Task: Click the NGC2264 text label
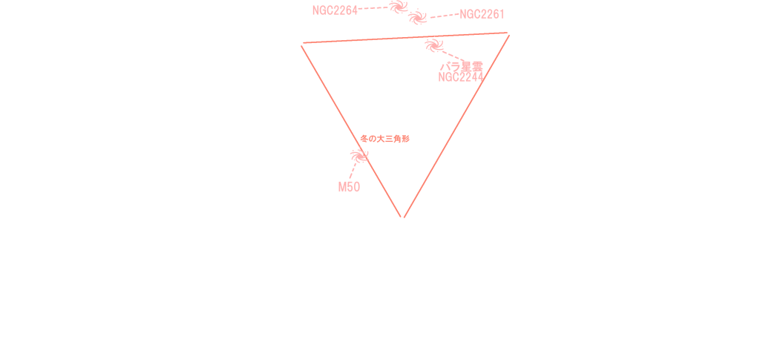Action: [335, 10]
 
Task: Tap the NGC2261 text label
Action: [482, 14]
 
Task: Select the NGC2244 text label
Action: [460, 77]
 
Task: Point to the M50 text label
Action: [349, 187]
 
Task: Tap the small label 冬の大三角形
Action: [384, 139]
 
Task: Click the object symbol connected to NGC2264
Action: [399, 7]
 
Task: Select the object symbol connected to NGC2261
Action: [419, 17]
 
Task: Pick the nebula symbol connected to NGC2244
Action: [433, 46]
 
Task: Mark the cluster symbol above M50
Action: [360, 156]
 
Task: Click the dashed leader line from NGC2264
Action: [374, 8]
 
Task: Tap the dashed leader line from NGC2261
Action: [444, 16]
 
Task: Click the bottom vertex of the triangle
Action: [403, 217]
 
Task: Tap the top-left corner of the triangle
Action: [302, 45]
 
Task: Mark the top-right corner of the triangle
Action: [509, 33]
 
